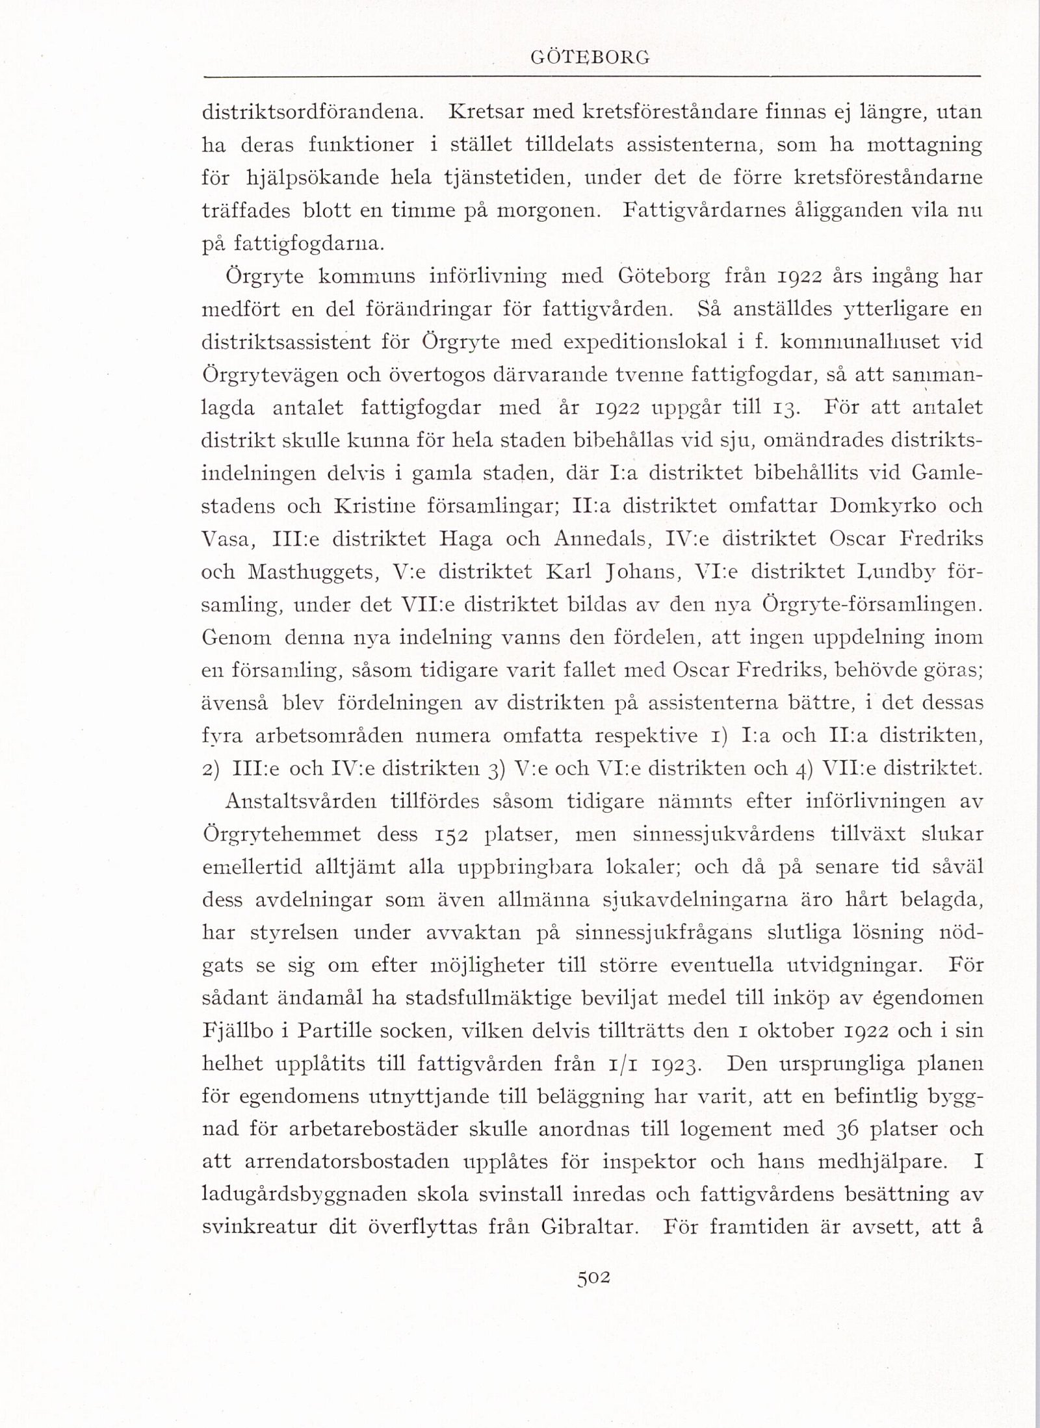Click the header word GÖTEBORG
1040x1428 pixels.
(590, 58)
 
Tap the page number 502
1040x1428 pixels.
(593, 1277)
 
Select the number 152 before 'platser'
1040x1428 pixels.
(447, 834)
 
